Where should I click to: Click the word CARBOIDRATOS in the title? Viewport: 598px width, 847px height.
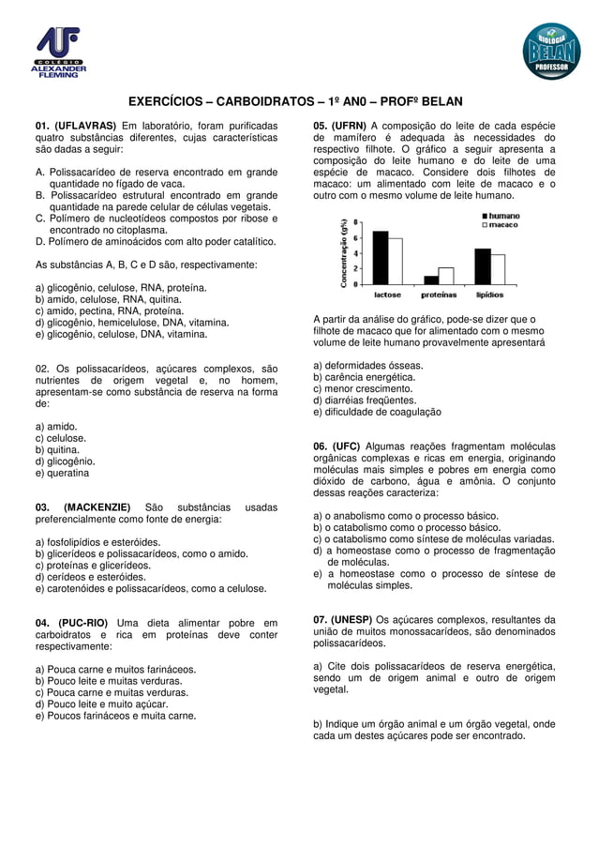point(263,101)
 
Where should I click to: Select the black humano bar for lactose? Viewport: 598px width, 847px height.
point(381,257)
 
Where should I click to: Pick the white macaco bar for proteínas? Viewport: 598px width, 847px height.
point(446,275)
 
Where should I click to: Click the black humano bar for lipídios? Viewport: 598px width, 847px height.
point(483,265)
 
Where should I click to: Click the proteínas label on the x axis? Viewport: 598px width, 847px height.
point(439,294)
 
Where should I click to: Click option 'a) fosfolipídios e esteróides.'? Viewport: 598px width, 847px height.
point(97,542)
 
